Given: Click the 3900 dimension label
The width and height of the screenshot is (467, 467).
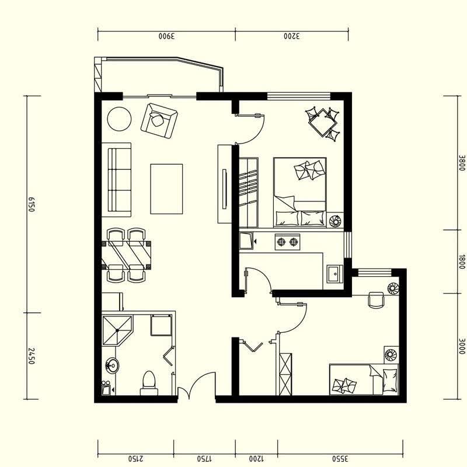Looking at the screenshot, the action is [167, 36].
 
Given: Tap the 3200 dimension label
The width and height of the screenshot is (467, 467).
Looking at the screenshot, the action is [291, 36].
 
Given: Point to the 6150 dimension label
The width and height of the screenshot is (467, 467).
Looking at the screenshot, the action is [32, 204].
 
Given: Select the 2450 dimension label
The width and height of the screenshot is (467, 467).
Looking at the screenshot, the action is [32, 356].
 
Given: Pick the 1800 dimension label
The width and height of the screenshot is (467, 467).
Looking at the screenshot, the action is [462, 262].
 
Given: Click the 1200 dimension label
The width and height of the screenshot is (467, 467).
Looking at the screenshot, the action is [256, 458].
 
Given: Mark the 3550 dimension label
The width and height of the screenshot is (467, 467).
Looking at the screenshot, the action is [340, 458].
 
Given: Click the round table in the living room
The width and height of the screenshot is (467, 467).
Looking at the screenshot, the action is [119, 119].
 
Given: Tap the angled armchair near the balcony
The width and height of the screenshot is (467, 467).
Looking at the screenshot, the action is [159, 121].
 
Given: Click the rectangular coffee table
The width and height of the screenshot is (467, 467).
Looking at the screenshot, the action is [166, 189].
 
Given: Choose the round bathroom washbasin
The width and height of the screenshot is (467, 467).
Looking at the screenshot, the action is [112, 365].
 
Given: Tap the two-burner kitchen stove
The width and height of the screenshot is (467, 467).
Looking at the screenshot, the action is [287, 242].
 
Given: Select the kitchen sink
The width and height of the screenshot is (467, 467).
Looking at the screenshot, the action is [335, 273].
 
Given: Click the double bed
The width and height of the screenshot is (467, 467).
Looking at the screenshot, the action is [300, 193].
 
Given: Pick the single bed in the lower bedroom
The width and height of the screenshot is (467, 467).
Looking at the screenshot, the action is [364, 379].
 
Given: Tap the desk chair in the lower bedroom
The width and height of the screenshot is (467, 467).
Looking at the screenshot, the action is [376, 300].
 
